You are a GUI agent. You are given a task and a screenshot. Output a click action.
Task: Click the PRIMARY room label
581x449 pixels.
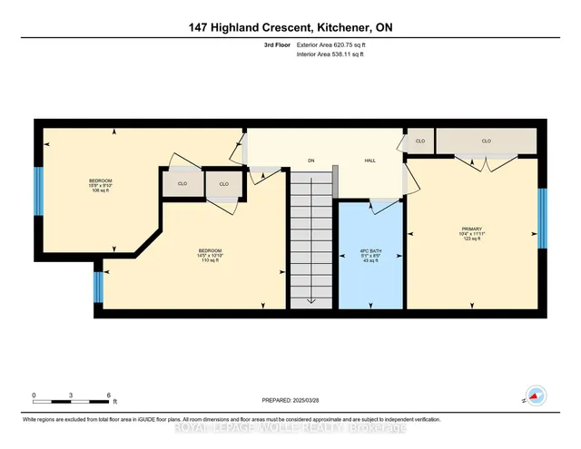(x=471, y=229)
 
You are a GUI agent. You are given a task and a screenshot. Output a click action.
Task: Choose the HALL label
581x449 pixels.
(x=370, y=161)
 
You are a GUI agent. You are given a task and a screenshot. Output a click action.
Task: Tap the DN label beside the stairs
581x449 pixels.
(x=310, y=161)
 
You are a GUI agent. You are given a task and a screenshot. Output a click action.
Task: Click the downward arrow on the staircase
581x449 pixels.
(x=311, y=300)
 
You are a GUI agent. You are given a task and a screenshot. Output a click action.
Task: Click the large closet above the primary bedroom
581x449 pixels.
(x=486, y=142)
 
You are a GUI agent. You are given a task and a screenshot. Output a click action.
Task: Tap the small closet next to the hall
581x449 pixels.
(x=420, y=142)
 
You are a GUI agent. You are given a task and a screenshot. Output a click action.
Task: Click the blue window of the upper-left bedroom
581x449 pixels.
(x=39, y=190)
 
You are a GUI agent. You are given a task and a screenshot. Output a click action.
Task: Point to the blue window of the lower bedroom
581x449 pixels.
(x=98, y=287)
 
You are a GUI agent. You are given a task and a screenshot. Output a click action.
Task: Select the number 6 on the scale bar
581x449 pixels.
(x=110, y=395)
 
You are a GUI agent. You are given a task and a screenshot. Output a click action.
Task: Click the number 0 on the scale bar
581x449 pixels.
(x=34, y=395)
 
